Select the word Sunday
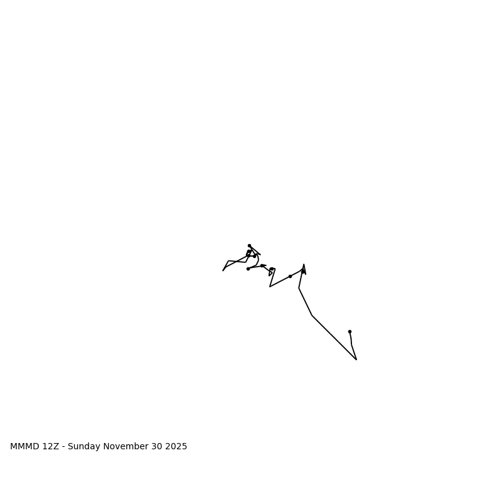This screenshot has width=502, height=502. point(84,447)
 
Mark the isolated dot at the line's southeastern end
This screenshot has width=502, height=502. point(350,331)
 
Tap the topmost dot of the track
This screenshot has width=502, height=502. point(249,245)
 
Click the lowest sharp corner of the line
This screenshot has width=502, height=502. point(356,360)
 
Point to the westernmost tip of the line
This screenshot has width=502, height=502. point(223,270)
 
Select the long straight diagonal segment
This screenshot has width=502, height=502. point(334,338)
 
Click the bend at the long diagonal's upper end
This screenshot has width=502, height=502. point(312,316)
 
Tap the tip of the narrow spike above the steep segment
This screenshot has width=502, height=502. point(304,265)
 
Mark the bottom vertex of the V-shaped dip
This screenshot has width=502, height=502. point(270,287)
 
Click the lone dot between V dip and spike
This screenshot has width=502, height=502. point(290,276)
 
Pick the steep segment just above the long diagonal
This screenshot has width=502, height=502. point(305,302)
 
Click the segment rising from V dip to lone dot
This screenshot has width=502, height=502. point(280,282)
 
